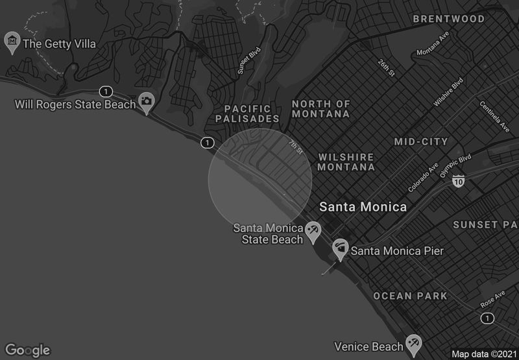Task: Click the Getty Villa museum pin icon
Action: (12, 42)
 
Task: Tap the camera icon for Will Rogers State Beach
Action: (147, 102)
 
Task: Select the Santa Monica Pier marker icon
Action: (340, 248)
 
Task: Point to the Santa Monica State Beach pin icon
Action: (313, 232)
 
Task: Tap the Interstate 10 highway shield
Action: (459, 180)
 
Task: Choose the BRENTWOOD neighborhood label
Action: (449, 19)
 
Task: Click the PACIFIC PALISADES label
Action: (252, 114)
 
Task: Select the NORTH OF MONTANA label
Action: (321, 108)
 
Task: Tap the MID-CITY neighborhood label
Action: (421, 141)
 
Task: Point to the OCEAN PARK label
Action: (410, 296)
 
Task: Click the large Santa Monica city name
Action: (363, 207)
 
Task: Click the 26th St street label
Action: (387, 67)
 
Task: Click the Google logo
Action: (27, 350)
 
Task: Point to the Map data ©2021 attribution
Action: (483, 354)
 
